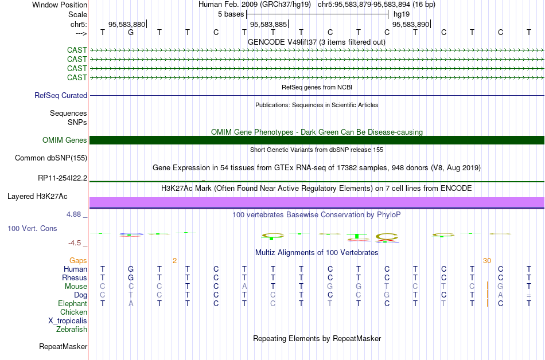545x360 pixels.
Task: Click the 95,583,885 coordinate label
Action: pos(268,25)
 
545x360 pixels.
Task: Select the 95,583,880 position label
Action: pos(127,25)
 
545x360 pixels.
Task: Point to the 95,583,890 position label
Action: pos(410,25)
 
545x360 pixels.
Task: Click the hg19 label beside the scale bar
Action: pos(401,13)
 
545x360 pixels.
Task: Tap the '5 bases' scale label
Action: pos(231,13)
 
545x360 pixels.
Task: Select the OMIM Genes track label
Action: pos(65,140)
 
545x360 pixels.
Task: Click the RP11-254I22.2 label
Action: pos(63,178)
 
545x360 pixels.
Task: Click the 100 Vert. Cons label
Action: pos(32,229)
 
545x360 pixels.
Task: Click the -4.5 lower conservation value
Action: pos(75,243)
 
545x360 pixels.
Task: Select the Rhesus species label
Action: pos(75,278)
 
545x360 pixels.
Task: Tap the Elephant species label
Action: pos(72,304)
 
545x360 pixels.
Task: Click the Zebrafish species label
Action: pos(72,330)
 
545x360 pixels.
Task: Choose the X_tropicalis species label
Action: pos(68,321)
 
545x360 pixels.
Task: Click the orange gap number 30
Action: pos(487,261)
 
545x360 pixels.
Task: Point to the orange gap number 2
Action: pos(174,261)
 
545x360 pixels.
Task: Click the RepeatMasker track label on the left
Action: pos(63,347)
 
